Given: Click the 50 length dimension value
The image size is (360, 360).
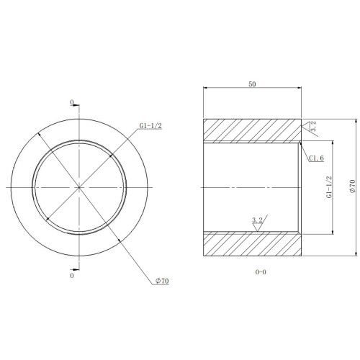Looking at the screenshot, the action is click(x=252, y=84).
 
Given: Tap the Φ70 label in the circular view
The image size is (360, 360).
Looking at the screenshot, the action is click(x=162, y=281).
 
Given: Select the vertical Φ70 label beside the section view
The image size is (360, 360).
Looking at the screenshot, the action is click(x=352, y=186).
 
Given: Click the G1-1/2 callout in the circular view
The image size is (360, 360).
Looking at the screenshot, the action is click(x=150, y=126).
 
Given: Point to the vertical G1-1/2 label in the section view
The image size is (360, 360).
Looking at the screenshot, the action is click(x=329, y=187).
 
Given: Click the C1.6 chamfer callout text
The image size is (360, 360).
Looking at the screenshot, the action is click(x=316, y=158).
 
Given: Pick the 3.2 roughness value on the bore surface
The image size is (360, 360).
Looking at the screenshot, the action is click(x=257, y=220).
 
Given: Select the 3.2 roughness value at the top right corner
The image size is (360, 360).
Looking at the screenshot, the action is click(x=313, y=126).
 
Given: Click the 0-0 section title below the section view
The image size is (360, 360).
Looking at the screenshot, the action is click(x=261, y=272).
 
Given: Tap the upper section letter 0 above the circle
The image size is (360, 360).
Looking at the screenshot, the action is click(x=72, y=102).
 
